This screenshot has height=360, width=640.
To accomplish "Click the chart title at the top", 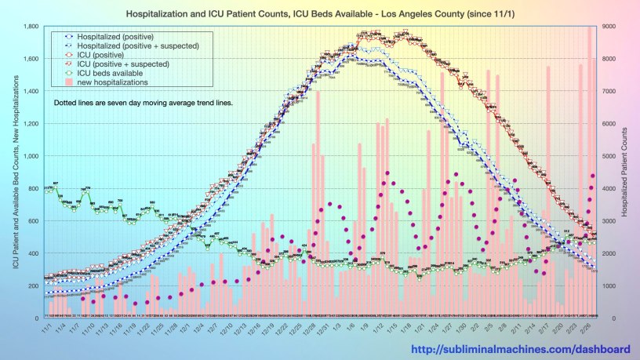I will pyautogui.click(x=320, y=15).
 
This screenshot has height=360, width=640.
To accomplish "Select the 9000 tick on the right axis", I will pyautogui.click(x=609, y=27).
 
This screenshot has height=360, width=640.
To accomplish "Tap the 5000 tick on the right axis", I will pyautogui.click(x=609, y=156).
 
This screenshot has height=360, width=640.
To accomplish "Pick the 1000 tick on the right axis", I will pyautogui.click(x=609, y=285).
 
